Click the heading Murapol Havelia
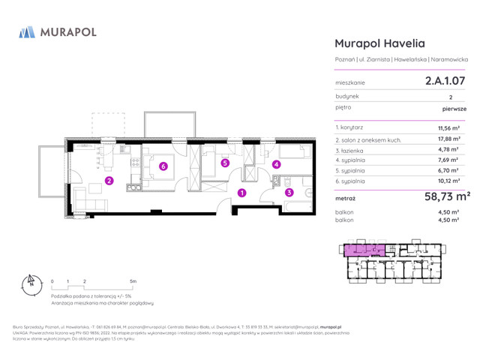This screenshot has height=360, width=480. point(382,44)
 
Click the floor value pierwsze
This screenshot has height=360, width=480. point(454,108)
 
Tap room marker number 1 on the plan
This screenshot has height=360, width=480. point(241,193)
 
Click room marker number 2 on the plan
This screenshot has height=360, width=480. point(109,181)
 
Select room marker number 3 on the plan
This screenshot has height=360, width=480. point(289,192)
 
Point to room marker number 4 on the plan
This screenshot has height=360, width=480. point(276,164)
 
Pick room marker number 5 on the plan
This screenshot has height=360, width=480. point(224,163)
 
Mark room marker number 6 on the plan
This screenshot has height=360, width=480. point(163,166)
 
